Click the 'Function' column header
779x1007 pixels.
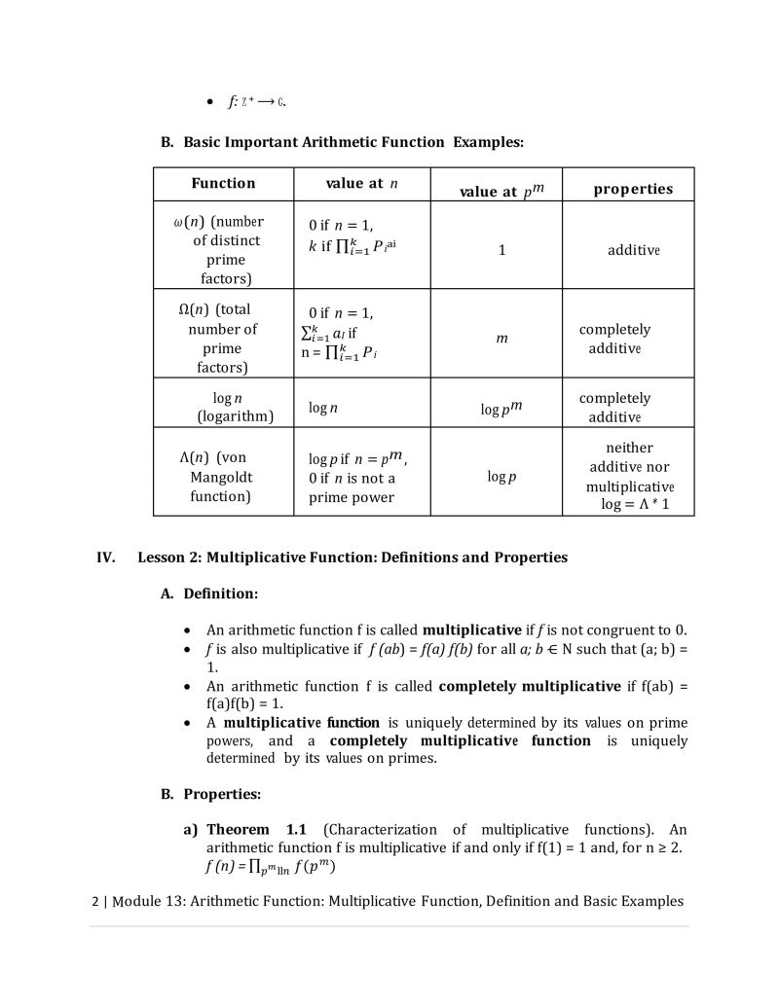[x=223, y=184]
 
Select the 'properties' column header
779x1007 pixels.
[x=633, y=190]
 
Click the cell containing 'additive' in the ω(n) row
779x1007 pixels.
[x=634, y=250]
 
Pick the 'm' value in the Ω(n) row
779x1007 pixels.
[x=501, y=339]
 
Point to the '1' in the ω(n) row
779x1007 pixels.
[x=502, y=250]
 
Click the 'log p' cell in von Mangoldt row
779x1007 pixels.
[x=501, y=477]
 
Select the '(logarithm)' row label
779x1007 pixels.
[x=235, y=416]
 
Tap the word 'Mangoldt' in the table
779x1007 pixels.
[x=222, y=477]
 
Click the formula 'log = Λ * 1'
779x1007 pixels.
[x=634, y=505]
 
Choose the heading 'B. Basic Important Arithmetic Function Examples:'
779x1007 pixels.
[x=342, y=142]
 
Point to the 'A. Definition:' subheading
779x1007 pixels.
[x=209, y=593]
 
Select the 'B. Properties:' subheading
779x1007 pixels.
[x=210, y=794]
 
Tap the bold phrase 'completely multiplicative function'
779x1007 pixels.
[x=454, y=740]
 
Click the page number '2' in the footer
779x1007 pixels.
[x=94, y=901]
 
